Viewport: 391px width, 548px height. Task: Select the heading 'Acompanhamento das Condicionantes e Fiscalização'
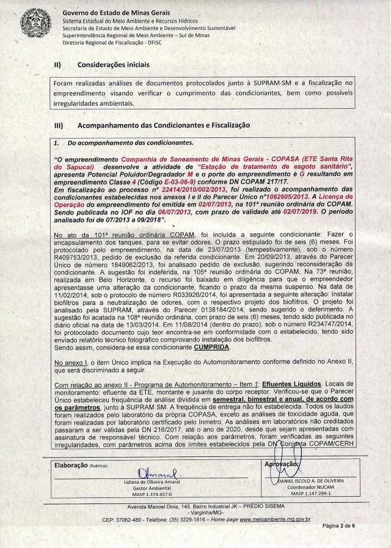pyautogui.click(x=164, y=125)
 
